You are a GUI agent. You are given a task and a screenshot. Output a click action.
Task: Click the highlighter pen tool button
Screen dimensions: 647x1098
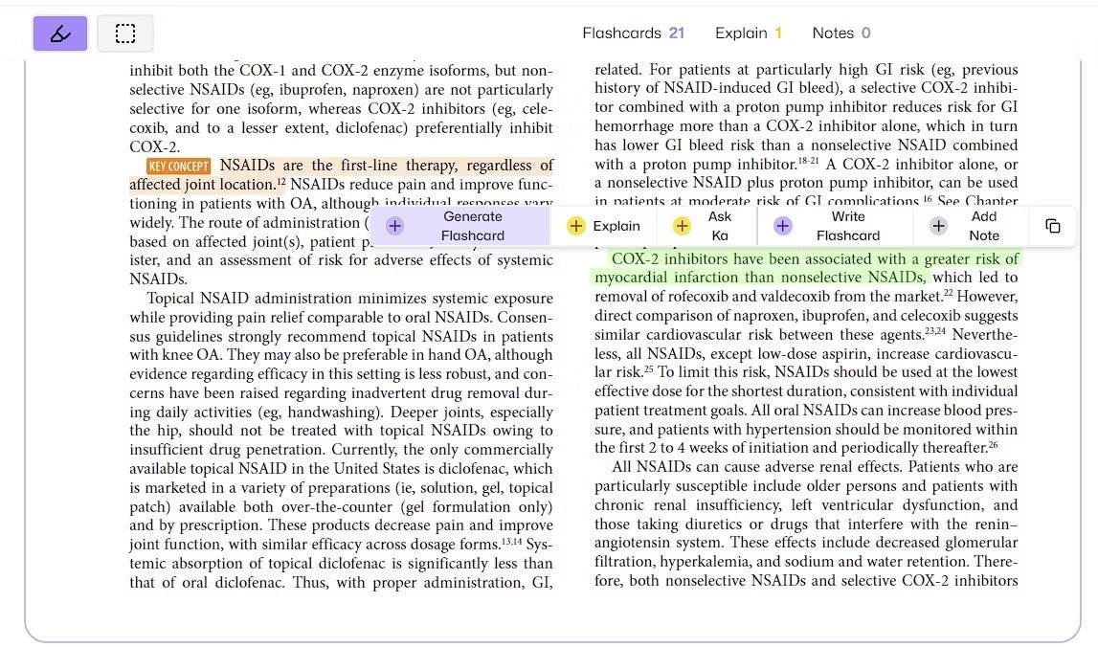[x=60, y=34]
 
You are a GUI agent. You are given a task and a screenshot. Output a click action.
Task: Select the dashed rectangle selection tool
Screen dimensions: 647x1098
[x=124, y=34]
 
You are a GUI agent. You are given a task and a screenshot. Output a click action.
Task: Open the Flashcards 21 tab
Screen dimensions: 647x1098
[x=633, y=33]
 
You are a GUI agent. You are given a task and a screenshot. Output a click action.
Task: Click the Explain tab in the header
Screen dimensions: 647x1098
[x=749, y=33]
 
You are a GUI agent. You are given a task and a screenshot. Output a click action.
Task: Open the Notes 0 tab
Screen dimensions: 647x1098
[x=840, y=33]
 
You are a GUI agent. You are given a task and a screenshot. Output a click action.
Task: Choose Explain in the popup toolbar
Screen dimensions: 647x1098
[x=604, y=226]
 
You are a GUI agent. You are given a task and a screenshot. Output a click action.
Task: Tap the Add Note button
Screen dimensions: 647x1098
[x=970, y=226]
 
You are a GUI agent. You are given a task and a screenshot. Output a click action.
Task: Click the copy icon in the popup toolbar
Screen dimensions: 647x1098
[x=1052, y=226]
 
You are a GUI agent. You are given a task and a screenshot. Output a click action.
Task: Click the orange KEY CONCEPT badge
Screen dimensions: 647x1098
[x=179, y=167]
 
